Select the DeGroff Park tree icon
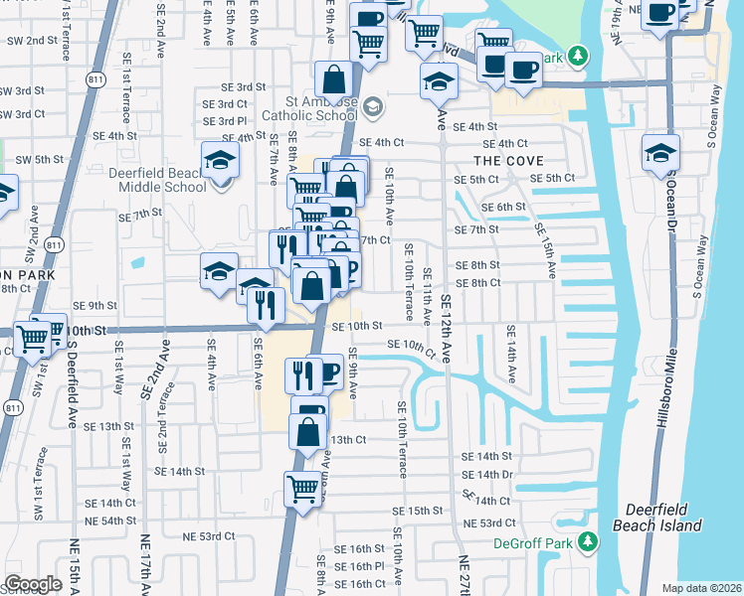[x=588, y=541]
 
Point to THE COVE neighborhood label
[x=508, y=160]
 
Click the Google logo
[x=33, y=583]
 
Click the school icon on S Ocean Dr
[x=660, y=153]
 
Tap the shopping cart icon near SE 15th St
[x=303, y=487]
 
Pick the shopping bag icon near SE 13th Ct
[x=308, y=431]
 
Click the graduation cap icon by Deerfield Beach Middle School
[x=219, y=160]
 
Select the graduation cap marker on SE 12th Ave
[x=438, y=81]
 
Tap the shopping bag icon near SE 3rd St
[x=333, y=77]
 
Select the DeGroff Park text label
[x=534, y=543]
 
